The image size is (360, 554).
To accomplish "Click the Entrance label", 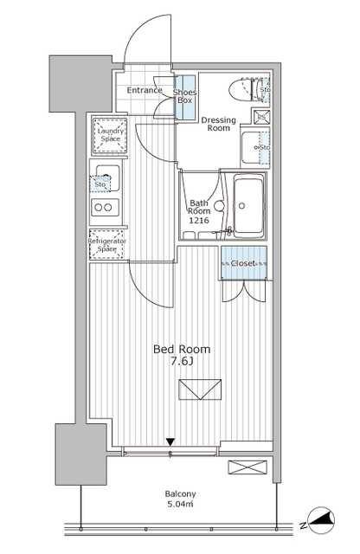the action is pyautogui.click(x=145, y=90).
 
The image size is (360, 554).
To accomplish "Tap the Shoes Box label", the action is pyautogui.click(x=185, y=96).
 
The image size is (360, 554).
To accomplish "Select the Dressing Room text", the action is pyautogui.click(x=218, y=124).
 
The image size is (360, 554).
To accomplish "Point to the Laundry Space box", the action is pyautogui.click(x=110, y=135).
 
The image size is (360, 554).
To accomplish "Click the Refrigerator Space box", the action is pyautogui.click(x=106, y=245).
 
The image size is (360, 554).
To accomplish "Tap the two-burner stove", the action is pyautogui.click(x=105, y=208).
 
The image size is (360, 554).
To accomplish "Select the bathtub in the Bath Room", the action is pyautogui.click(x=248, y=205).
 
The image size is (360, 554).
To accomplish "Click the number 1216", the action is pyautogui.click(x=199, y=221).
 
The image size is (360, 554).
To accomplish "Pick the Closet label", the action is pyautogui.click(x=243, y=263).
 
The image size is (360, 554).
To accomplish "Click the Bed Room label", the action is pyautogui.click(x=182, y=349).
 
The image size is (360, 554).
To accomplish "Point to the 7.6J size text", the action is pyautogui.click(x=182, y=362).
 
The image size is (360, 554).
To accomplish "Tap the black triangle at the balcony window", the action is pyautogui.click(x=170, y=441).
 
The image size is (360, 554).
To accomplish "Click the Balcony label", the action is pyautogui.click(x=180, y=494).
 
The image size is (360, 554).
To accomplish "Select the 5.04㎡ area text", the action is pyautogui.click(x=180, y=504).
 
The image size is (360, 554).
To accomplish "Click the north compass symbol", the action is pyautogui.click(x=321, y=521).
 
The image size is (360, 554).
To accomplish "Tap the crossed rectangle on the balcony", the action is pyautogui.click(x=247, y=467).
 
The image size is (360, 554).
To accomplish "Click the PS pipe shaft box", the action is pyautogui.click(x=261, y=117).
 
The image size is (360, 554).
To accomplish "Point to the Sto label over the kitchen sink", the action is pyautogui.click(x=100, y=184).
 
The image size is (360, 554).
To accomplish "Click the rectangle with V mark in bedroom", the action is pyautogui.click(x=200, y=390).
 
